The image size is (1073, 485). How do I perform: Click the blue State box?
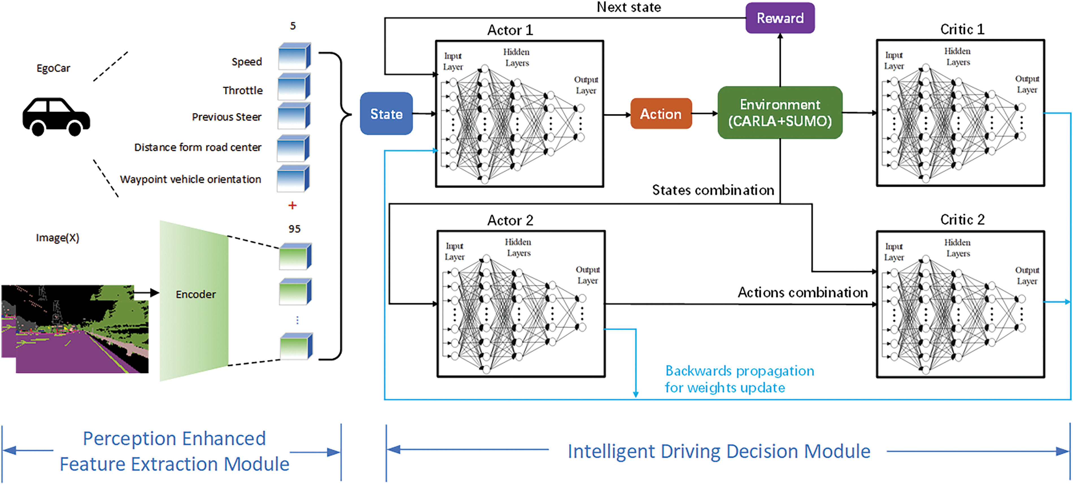point(386,114)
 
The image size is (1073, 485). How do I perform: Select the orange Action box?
point(661,114)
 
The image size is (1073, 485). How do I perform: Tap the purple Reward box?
point(780,18)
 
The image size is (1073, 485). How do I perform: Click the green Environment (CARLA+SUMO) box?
point(780,113)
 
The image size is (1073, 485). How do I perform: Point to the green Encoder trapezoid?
point(195,300)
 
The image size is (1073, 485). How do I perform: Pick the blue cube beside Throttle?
point(294,87)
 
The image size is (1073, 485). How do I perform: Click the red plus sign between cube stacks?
point(293,205)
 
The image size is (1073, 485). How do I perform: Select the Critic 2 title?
point(962,220)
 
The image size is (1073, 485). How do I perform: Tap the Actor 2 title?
point(510,220)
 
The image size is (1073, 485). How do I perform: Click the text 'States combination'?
point(713,190)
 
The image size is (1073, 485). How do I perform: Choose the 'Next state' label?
point(629,7)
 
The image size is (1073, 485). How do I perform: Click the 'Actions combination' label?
point(803,293)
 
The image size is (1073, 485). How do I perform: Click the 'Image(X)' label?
point(58,238)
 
